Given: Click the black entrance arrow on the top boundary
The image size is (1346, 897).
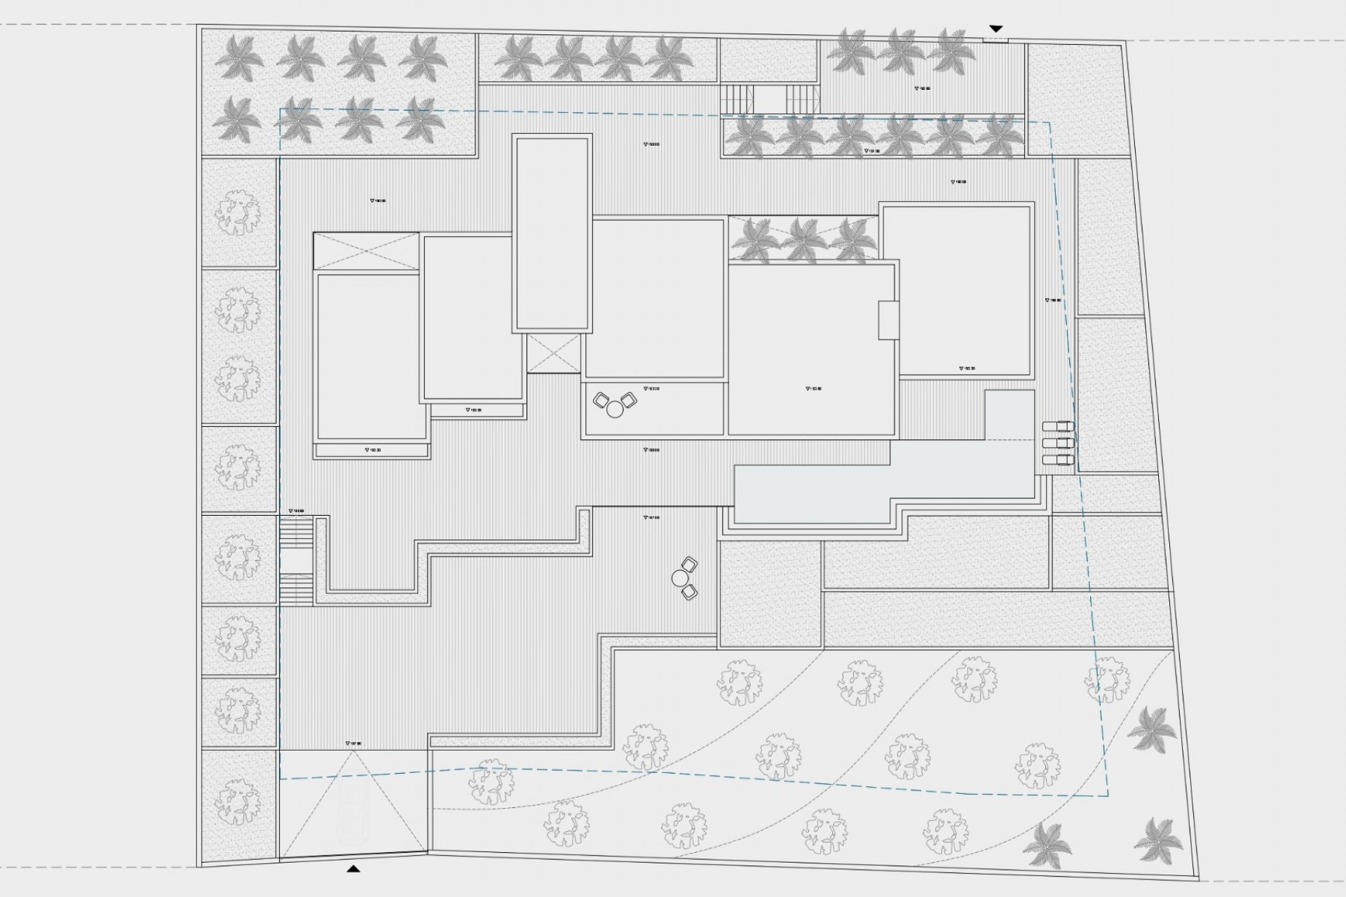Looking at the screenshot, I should coord(995,29).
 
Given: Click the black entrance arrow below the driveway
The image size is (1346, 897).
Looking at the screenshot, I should coord(354,869).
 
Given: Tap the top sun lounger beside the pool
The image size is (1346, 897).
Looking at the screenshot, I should coord(1058,427).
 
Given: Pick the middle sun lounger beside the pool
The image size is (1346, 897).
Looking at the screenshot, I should coord(1058,444).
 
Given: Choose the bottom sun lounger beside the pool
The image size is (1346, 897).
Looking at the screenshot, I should coord(1058,460).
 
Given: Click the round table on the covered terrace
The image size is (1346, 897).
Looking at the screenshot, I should coord(615,409).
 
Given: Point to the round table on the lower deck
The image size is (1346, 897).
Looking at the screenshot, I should coord(680,578).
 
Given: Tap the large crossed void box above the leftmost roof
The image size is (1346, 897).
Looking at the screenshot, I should coord(366,250).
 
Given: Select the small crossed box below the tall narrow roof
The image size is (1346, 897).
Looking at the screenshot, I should coord(554,353).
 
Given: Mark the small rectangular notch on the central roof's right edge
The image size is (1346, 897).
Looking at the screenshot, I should coord(888,320).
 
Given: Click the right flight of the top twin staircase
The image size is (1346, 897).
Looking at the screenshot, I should coord(802,99).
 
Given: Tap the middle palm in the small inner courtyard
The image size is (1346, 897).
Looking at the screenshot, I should coord(803,240).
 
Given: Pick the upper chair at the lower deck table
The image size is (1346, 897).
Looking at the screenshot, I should coord(690,564).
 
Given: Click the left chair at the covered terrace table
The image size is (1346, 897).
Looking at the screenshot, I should coord(601,401).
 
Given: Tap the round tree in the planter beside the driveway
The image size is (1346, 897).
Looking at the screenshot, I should coord(238,799).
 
